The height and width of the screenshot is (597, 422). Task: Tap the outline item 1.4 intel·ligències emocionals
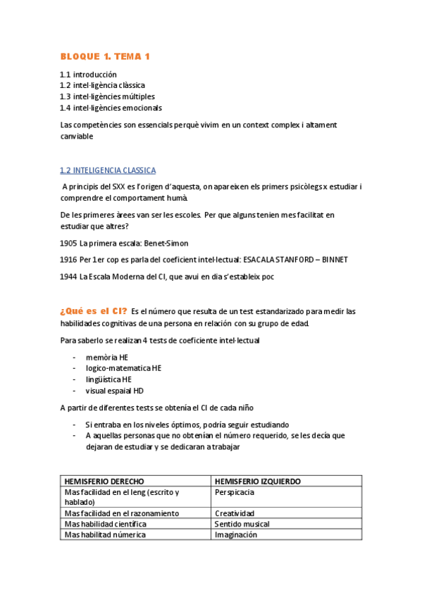point(111,108)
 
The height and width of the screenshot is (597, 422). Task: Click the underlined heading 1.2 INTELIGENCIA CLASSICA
point(108,170)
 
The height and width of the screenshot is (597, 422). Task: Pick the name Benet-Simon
point(166,243)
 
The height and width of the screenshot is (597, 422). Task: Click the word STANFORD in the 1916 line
point(286,260)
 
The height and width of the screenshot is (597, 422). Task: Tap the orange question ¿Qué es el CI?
point(94,311)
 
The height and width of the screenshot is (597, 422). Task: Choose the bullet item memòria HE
point(107,357)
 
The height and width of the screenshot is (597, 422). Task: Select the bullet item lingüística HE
point(108,379)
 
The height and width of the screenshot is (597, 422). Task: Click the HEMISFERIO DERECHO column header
point(104,482)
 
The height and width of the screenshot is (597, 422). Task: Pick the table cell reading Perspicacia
point(235,492)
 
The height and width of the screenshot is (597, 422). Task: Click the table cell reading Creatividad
point(234,513)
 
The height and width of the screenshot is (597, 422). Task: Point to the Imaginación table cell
point(235,534)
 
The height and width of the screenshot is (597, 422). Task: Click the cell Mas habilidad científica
point(105,524)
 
